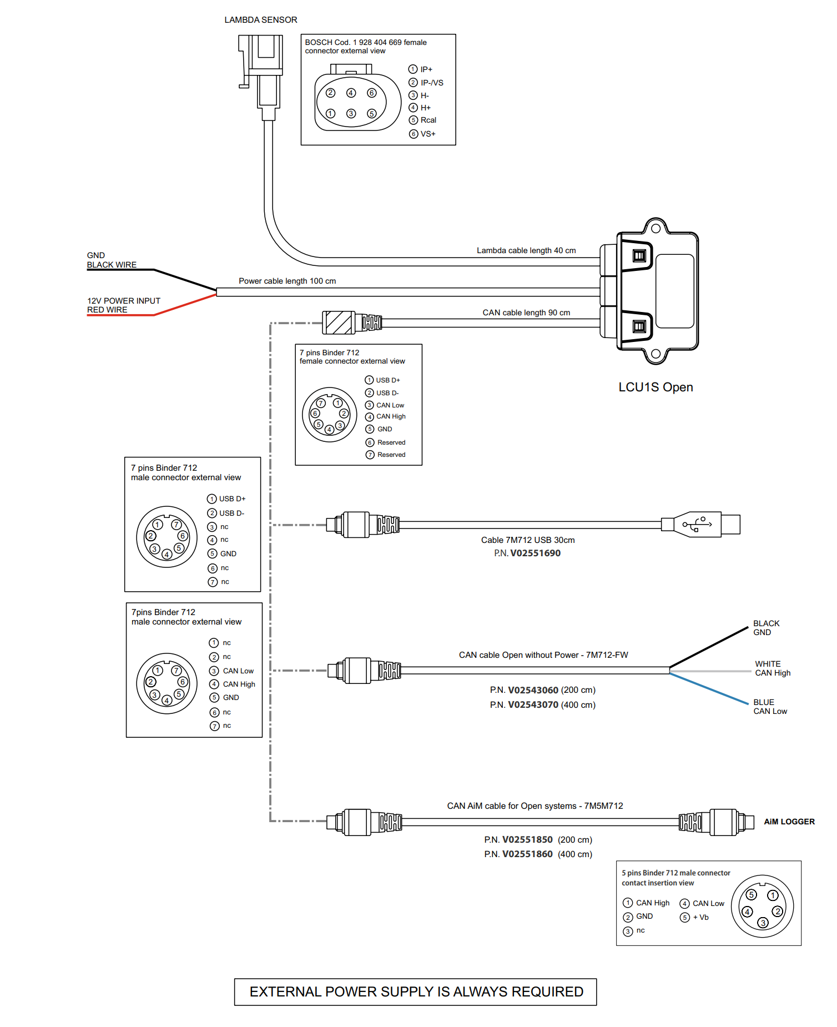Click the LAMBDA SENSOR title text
coord(260,20)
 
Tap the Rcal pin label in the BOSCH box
coord(428,120)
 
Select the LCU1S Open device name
coord(656,387)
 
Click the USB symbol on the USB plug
coord(697,524)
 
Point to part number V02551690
coord(535,553)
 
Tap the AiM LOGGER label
coord(789,822)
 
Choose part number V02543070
coord(533,705)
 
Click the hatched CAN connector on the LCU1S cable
coord(339,323)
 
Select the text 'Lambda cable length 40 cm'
coord(526,251)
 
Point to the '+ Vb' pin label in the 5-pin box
coord(700,918)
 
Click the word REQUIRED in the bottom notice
coord(547,992)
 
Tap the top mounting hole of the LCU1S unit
coord(656,228)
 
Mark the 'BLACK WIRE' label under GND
coord(112,265)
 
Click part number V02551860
coord(527,854)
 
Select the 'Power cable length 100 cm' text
coord(287,281)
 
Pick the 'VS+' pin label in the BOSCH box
coord(427,134)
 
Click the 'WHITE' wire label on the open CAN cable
coord(768,664)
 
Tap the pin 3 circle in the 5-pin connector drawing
coord(763,923)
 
